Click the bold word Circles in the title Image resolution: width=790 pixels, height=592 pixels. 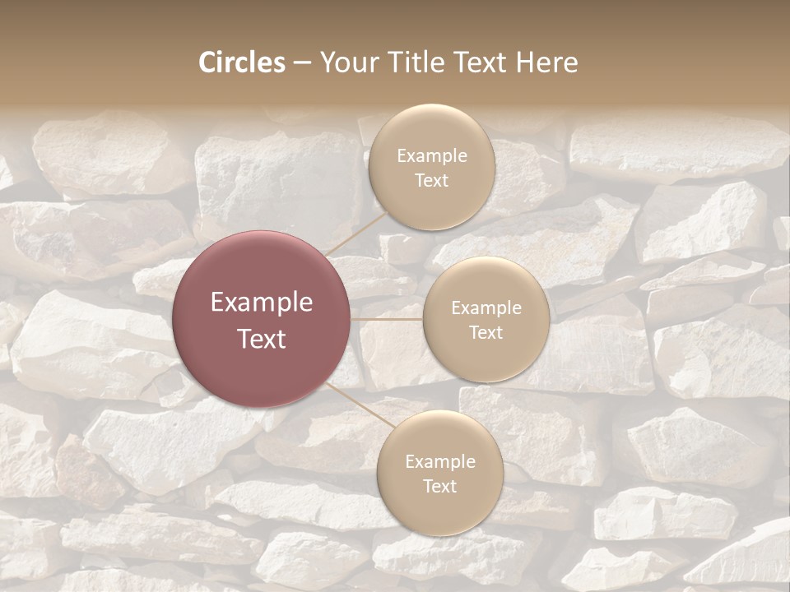(x=242, y=62)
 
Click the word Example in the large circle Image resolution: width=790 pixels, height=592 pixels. (x=262, y=303)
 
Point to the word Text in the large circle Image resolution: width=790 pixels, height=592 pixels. (x=262, y=339)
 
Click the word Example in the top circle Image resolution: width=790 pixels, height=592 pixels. (x=432, y=156)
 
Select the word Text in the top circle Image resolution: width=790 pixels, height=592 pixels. (x=432, y=181)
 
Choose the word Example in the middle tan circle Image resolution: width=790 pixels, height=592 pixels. (x=486, y=308)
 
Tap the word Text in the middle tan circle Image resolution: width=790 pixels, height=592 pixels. (x=486, y=333)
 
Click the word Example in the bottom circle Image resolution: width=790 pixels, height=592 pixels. (x=440, y=462)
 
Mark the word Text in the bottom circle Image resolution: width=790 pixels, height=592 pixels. (x=440, y=487)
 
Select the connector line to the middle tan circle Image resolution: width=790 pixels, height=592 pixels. (x=387, y=319)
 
